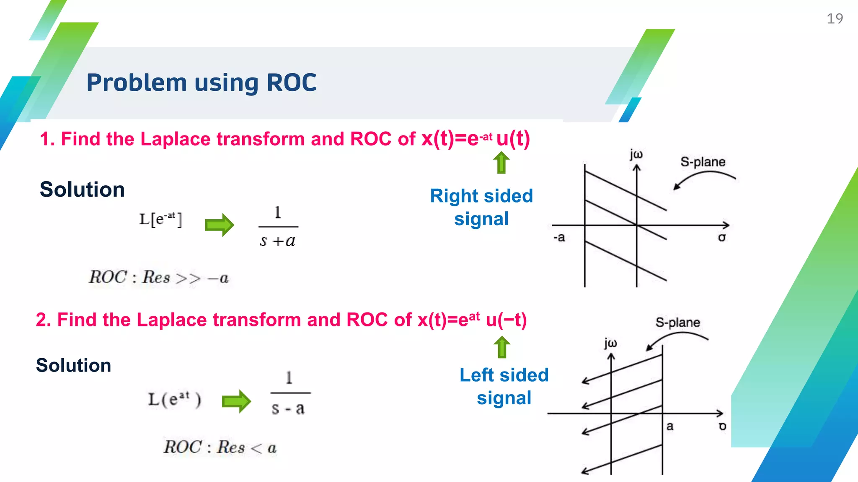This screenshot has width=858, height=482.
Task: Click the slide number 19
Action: [x=834, y=19]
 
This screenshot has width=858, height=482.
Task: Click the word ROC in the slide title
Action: [x=292, y=82]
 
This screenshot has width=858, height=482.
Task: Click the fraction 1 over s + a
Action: [x=278, y=227]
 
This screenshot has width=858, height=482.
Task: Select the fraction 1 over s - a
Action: [x=289, y=393]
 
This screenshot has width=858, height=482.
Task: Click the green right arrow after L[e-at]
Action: [x=219, y=225]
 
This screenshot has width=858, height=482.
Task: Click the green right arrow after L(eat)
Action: [x=236, y=402]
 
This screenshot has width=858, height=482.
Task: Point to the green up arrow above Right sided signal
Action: [x=501, y=162]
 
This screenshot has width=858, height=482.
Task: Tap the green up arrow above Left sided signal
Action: [x=501, y=347]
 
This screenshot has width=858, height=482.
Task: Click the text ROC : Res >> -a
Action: [x=159, y=277]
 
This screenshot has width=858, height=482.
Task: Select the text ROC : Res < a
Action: [x=220, y=447]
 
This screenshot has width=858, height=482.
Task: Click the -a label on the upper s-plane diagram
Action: [x=559, y=238]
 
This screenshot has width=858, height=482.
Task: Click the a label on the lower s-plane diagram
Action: [x=670, y=426]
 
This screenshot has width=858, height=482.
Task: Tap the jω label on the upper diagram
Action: [x=636, y=154]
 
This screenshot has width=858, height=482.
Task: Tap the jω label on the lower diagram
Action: [x=610, y=343]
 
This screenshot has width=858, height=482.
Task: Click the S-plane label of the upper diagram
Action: [x=703, y=162]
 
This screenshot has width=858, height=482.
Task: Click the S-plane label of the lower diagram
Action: [x=677, y=323]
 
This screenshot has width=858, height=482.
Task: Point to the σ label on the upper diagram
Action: [x=721, y=238]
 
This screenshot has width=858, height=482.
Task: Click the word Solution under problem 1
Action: [x=82, y=190]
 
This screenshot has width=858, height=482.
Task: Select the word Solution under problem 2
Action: [x=73, y=365]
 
